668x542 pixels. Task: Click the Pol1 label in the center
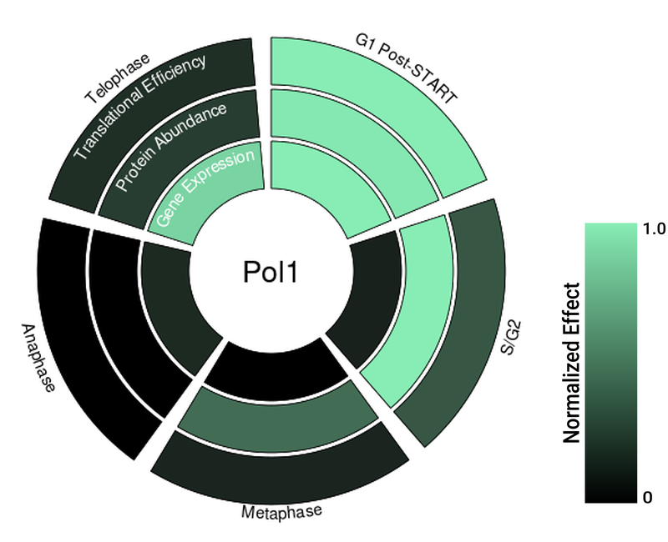[x=269, y=273]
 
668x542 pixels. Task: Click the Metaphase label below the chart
[x=281, y=510]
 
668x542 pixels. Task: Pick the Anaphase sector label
[x=38, y=358]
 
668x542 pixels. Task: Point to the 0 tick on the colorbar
[x=648, y=498]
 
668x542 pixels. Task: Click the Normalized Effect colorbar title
[x=572, y=363]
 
